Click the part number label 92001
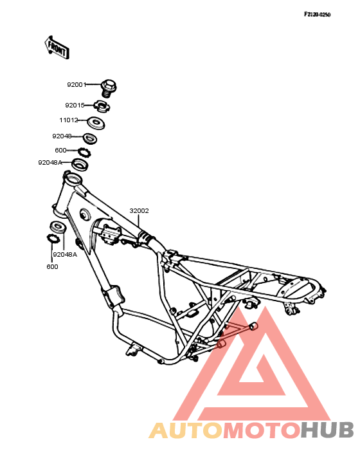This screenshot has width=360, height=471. (x=76, y=85)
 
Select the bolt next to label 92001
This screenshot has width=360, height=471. (x=108, y=88)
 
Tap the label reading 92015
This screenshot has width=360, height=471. (x=75, y=106)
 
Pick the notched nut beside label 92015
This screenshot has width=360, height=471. (x=101, y=106)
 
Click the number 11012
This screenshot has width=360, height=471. (x=69, y=120)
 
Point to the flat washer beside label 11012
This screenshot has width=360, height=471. (x=96, y=123)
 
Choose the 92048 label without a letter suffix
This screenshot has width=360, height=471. (x=62, y=136)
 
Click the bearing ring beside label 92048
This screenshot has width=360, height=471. (x=90, y=138)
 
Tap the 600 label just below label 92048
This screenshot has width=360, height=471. (x=60, y=150)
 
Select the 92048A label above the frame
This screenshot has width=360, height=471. (x=50, y=163)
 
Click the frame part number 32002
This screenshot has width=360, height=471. (x=139, y=211)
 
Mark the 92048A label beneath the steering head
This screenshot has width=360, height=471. (x=65, y=254)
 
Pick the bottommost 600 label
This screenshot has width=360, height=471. (x=52, y=267)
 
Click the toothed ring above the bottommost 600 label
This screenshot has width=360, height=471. (x=53, y=239)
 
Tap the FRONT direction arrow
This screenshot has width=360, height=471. (x=57, y=48)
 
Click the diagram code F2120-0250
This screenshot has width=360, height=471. (x=317, y=14)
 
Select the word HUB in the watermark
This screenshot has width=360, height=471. (x=327, y=430)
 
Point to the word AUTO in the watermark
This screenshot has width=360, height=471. (x=186, y=430)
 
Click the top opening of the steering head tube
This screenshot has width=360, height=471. (x=72, y=181)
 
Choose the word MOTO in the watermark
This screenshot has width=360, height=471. (x=262, y=430)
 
